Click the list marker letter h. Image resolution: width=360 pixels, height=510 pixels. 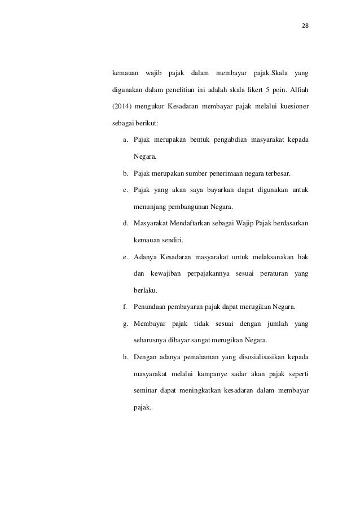125,357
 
